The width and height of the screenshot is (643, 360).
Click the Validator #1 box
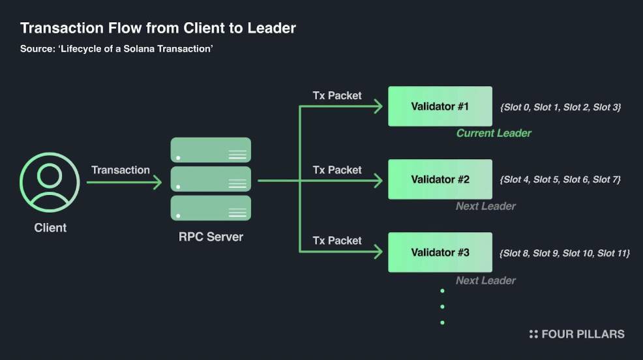click(x=440, y=106)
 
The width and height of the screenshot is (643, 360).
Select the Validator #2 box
click(x=440, y=179)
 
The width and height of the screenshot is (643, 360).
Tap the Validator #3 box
click(x=440, y=252)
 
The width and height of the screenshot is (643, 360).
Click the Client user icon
click(x=50, y=182)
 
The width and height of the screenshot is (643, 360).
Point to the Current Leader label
click(x=494, y=133)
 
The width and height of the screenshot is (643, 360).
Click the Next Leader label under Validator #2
click(x=486, y=206)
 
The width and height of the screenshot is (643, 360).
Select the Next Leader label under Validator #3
click(x=486, y=280)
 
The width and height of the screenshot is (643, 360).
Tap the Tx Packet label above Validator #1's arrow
click(x=337, y=95)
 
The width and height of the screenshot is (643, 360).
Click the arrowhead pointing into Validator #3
click(x=378, y=252)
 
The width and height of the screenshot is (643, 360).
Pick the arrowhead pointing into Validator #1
click(x=378, y=106)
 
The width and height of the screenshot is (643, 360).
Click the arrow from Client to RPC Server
click(x=125, y=182)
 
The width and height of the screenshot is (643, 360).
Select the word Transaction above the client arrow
click(x=121, y=170)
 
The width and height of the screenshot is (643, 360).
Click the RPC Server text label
click(x=211, y=237)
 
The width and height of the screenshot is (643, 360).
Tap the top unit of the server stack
click(x=211, y=150)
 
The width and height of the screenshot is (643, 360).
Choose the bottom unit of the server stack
click(x=211, y=208)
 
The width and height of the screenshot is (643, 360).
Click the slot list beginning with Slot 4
click(x=560, y=179)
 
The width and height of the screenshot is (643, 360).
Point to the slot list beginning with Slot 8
click(x=565, y=254)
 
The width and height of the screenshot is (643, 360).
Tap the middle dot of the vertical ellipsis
click(x=442, y=307)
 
